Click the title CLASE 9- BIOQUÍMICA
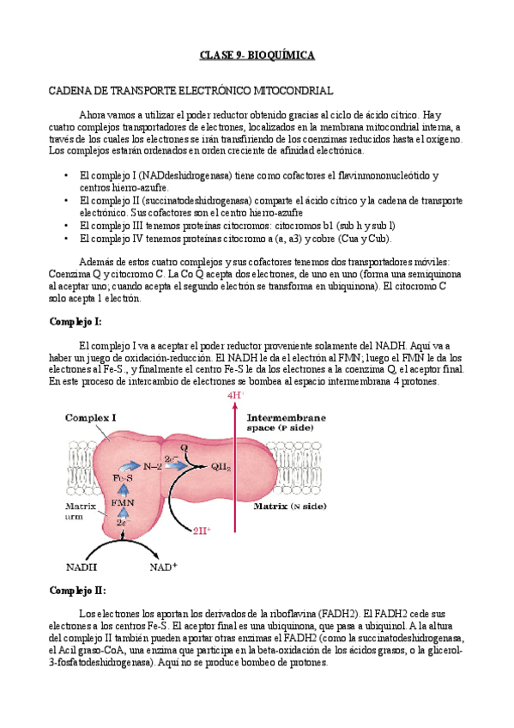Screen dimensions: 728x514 click(x=257, y=56)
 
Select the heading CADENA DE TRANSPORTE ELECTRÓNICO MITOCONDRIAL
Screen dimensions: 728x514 click(x=190, y=90)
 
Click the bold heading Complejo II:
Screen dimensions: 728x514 click(x=77, y=591)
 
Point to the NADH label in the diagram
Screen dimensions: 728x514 click(x=82, y=567)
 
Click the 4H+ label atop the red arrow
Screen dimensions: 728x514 click(x=235, y=396)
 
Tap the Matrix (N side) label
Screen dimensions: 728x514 click(x=290, y=507)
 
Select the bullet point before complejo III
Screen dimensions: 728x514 click(x=66, y=225)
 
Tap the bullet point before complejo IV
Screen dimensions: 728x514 click(x=66, y=238)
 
